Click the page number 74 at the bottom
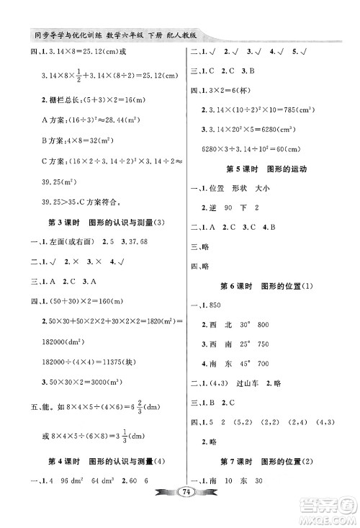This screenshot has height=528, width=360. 180,512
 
